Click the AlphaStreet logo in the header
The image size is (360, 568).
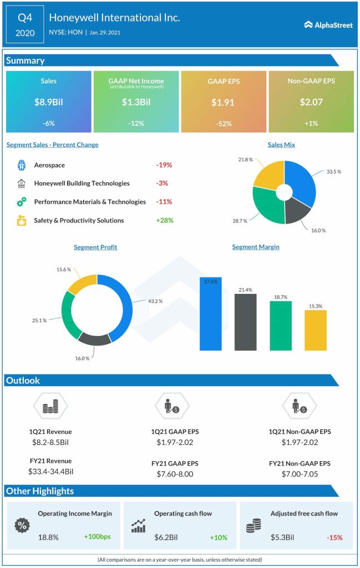328,24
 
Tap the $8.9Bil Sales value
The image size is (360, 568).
48,102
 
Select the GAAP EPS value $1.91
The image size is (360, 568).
224,102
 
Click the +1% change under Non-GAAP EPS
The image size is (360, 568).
311,123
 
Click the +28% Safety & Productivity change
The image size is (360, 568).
164,220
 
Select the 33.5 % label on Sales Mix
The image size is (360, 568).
333,172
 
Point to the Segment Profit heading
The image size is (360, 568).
95,247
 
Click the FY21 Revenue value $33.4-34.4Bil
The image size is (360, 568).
50,471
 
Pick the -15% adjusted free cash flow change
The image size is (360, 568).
334,537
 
